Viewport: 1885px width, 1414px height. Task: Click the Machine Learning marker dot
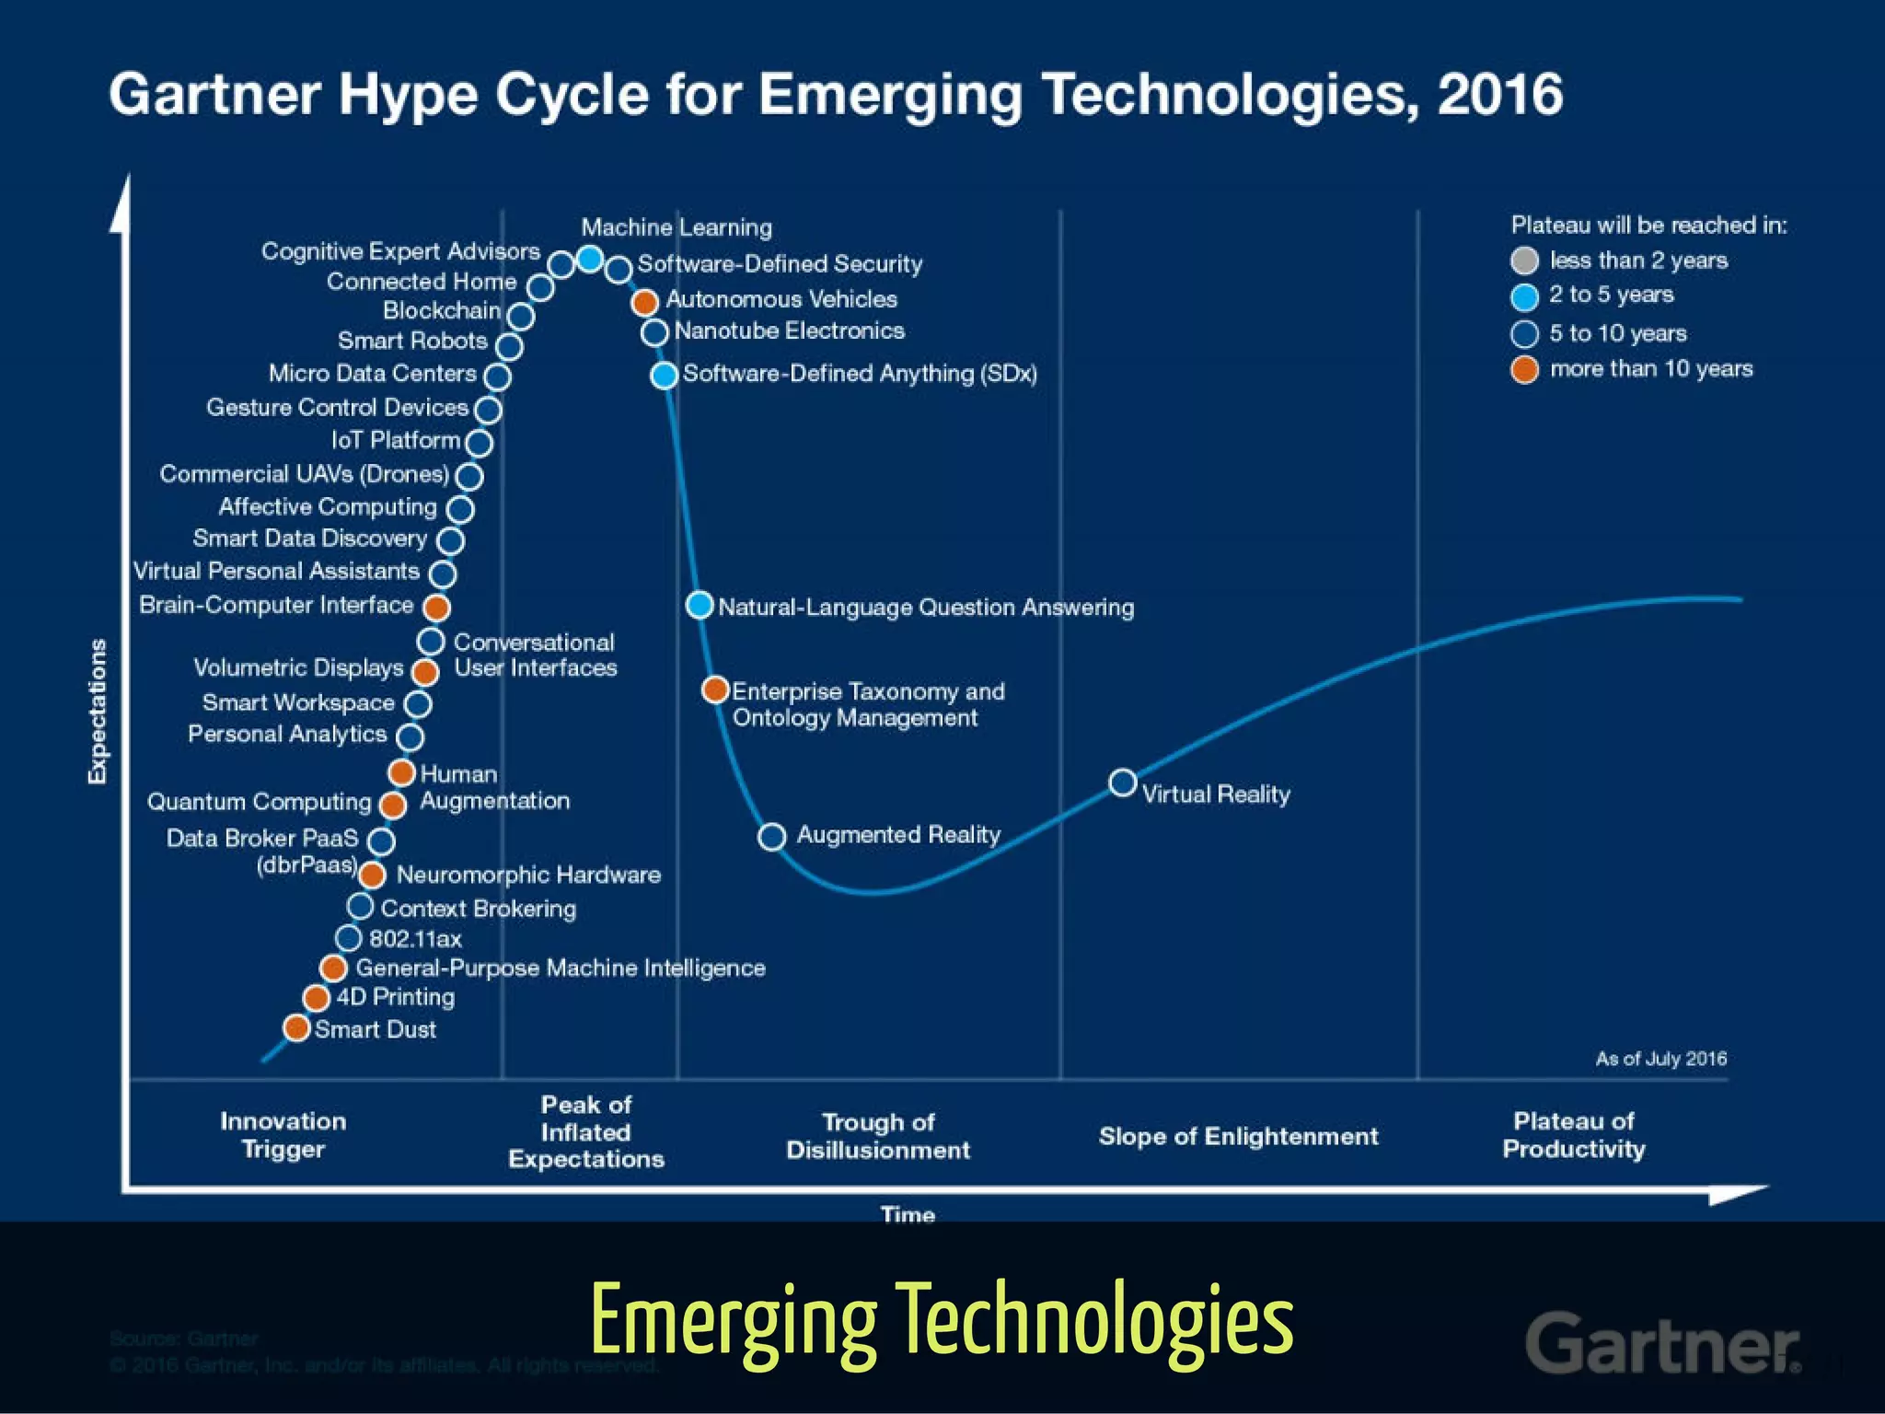tap(590, 260)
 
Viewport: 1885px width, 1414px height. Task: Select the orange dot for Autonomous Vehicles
tap(645, 301)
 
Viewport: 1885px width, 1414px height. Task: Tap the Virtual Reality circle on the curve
tap(1122, 783)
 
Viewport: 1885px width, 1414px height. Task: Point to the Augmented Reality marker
tap(772, 837)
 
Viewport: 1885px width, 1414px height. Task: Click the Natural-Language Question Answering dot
tap(700, 605)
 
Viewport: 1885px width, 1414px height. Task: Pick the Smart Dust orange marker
tap(296, 1027)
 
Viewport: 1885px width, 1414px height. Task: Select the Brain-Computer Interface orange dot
tap(436, 607)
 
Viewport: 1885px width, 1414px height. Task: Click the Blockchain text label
tap(442, 311)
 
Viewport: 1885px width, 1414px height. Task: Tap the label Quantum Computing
tap(259, 802)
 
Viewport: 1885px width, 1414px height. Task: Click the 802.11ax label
tap(415, 939)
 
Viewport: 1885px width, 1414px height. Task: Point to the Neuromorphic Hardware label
tap(528, 875)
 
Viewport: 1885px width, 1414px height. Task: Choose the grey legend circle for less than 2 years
tap(1524, 261)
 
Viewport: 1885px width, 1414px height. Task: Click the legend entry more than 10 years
tap(1650, 369)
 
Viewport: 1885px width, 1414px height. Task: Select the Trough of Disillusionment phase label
tap(877, 1136)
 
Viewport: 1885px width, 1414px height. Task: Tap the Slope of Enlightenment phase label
tap(1238, 1137)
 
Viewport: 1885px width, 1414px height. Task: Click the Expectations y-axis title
tap(98, 711)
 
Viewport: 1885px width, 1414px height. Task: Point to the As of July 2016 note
tap(1660, 1059)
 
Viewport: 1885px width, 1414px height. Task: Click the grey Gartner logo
tap(1662, 1343)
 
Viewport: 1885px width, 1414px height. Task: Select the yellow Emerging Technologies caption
tap(942, 1321)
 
